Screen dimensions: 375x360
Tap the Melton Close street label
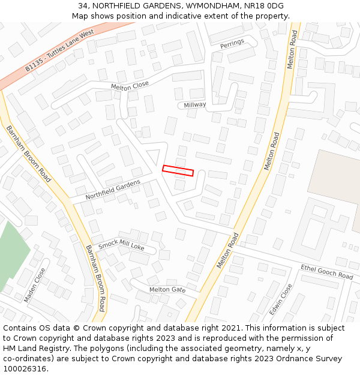point(130,86)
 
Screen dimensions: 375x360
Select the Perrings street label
point(232,43)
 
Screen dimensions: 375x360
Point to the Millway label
point(195,105)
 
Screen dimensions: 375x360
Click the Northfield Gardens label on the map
point(113,190)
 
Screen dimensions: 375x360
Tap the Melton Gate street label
point(167,290)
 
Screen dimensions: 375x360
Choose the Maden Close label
point(34,285)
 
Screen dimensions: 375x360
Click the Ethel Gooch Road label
point(327,271)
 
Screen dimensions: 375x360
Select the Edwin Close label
point(280,299)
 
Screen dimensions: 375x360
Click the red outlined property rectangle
point(178,171)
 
